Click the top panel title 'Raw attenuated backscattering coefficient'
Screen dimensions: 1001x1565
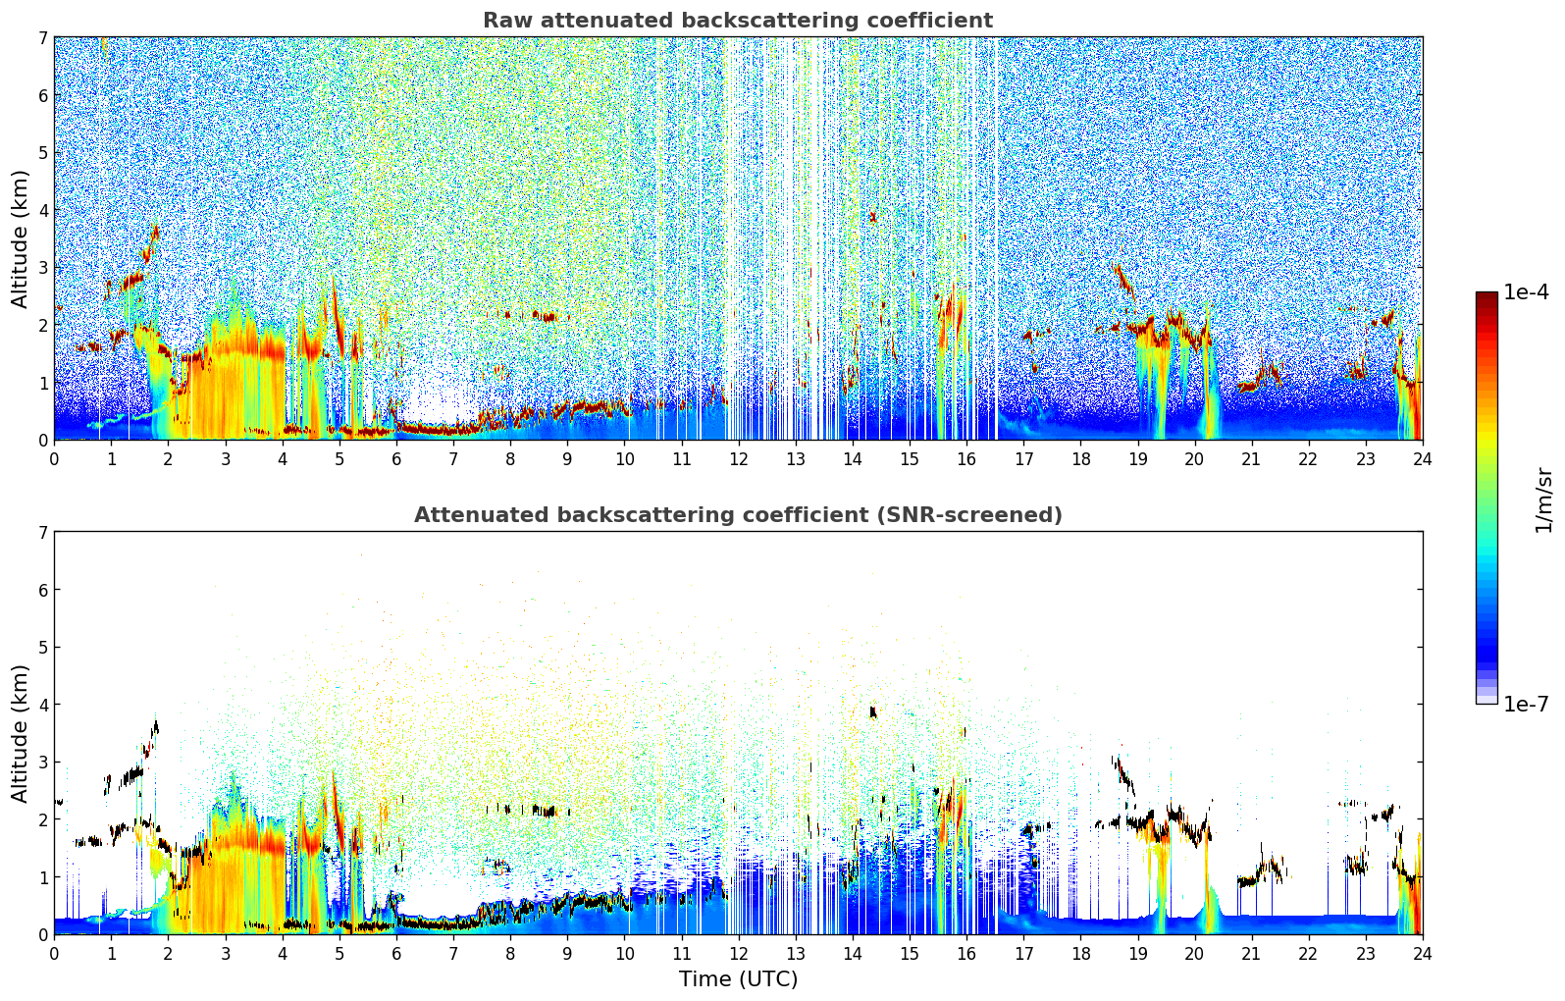click(737, 21)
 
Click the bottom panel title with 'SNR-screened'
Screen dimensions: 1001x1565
click(737, 515)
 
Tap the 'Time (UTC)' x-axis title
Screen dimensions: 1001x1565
click(738, 979)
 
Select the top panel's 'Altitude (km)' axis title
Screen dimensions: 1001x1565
click(21, 238)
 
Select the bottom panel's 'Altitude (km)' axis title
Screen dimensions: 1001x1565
click(21, 733)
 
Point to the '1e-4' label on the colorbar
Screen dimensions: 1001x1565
click(1526, 292)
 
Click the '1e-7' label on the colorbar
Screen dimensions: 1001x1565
click(1526, 704)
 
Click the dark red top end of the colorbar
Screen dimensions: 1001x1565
click(1487, 296)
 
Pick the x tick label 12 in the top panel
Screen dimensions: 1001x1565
click(738, 458)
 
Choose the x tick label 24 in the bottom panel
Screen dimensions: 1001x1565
click(1422, 953)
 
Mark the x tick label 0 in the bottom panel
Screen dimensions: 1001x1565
click(54, 953)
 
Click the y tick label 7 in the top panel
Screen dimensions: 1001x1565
click(42, 38)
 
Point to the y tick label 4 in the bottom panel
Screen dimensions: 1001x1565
click(42, 705)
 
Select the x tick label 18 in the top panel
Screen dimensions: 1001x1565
click(1080, 458)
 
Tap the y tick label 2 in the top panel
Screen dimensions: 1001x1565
click(42, 326)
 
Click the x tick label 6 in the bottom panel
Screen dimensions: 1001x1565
click(396, 953)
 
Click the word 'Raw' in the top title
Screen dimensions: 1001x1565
click(502, 21)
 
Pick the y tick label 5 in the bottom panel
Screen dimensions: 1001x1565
click(42, 648)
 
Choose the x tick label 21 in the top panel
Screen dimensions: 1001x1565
click(1251, 458)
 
